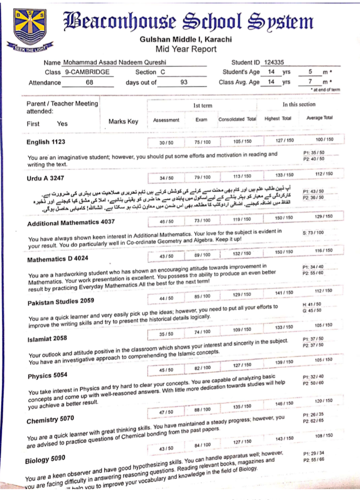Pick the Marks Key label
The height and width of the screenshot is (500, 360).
pos(123,122)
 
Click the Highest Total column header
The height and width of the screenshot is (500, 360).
pos(278,118)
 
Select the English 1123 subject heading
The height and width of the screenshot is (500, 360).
pos(46,142)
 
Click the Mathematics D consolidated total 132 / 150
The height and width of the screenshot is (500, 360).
pos(238,254)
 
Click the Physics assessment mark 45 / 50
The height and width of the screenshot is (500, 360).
pos(166,370)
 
